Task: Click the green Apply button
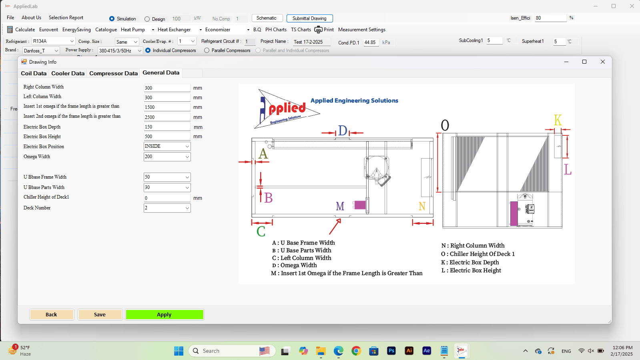click(x=164, y=314)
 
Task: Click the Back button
click(x=51, y=314)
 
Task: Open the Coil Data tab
click(x=34, y=73)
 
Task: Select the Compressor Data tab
click(x=113, y=73)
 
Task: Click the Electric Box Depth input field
click(x=167, y=127)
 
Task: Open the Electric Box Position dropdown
click(x=167, y=147)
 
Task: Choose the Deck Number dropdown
click(x=167, y=208)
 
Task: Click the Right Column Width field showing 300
click(x=167, y=88)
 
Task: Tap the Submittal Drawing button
click(x=309, y=18)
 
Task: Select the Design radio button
click(x=147, y=19)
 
